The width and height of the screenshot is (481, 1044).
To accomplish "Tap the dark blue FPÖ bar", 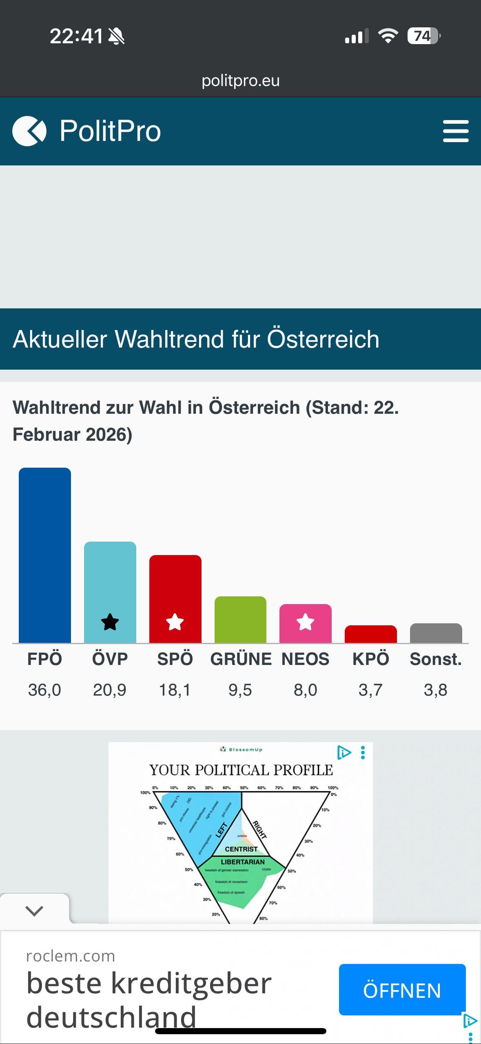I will click(45, 555).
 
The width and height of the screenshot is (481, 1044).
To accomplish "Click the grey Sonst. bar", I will click(436, 633).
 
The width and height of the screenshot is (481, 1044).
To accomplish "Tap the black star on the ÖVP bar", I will click(110, 622).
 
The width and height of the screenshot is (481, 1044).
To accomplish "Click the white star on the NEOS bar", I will click(305, 622).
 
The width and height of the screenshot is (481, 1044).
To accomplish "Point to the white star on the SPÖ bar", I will click(175, 622).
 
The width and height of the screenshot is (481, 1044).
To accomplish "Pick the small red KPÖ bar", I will click(370, 634).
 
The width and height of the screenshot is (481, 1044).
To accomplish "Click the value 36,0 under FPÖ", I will click(44, 690).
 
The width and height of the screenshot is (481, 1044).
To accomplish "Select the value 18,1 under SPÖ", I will click(175, 690).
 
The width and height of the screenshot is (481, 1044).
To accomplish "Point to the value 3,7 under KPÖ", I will click(370, 690).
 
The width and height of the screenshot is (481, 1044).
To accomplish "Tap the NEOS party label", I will click(305, 659).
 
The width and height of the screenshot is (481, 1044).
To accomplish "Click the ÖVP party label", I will click(110, 659).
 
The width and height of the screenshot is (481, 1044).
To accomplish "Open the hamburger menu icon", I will click(455, 131).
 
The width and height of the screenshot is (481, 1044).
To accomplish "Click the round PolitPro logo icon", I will click(29, 131).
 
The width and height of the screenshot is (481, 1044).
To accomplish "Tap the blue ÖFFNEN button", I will click(402, 990).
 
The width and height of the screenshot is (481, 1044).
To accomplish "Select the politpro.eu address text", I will click(240, 80).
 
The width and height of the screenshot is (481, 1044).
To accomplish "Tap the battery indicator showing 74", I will click(423, 36).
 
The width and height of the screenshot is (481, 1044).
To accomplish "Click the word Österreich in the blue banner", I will click(323, 339).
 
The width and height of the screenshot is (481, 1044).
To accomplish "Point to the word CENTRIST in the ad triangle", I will click(241, 849).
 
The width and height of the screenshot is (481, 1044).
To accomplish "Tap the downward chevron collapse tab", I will click(34, 910).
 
